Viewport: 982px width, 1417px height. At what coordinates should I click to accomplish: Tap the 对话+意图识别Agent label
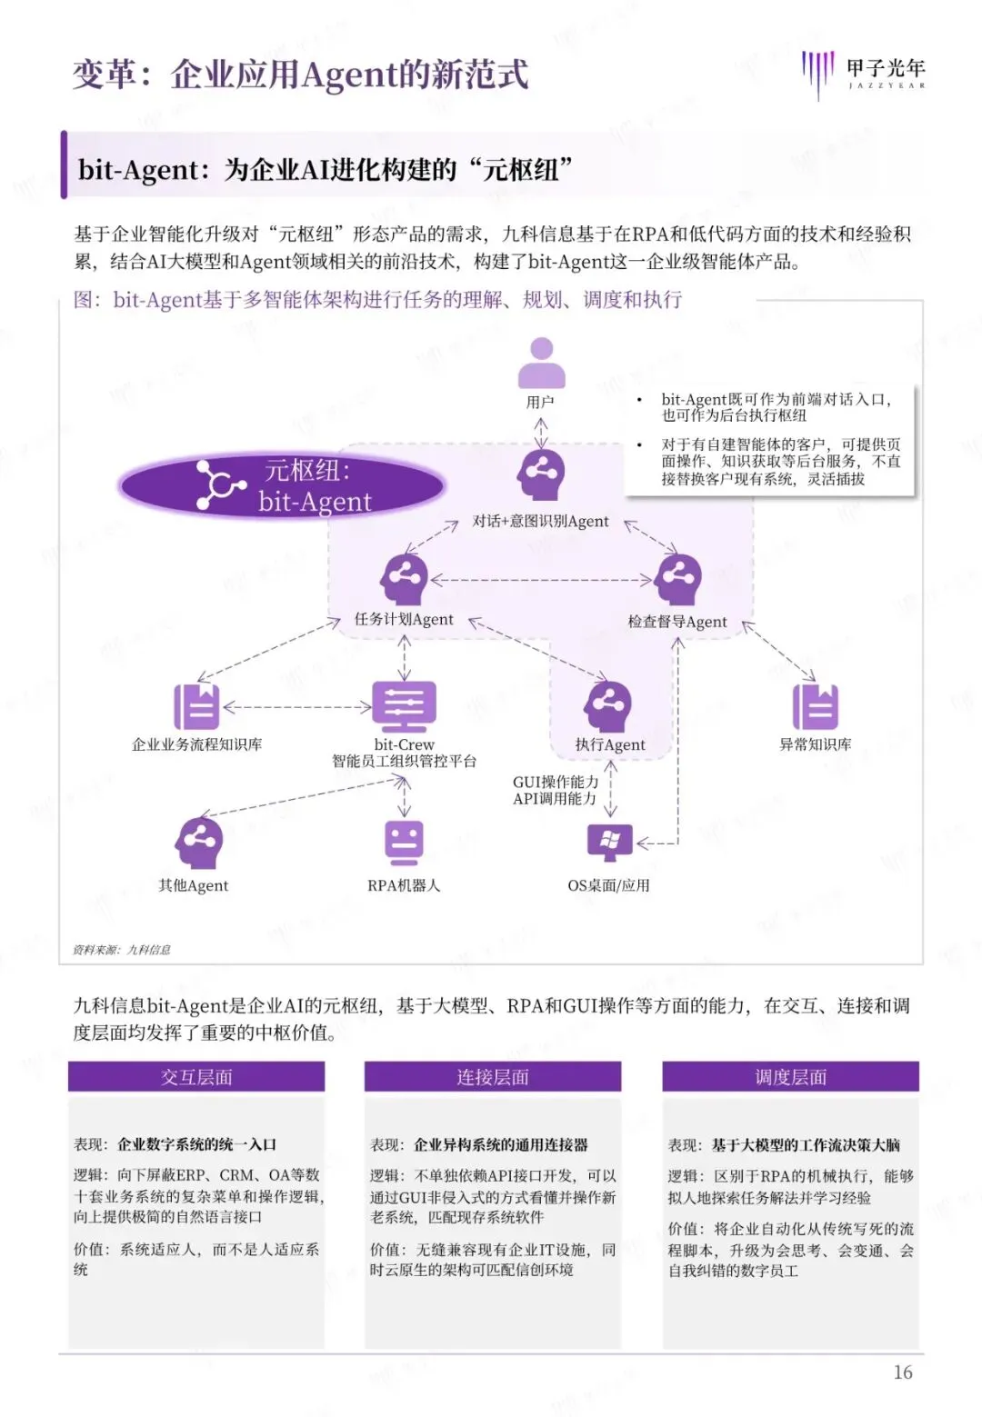click(540, 521)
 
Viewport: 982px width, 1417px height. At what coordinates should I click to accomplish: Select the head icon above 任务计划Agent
click(404, 579)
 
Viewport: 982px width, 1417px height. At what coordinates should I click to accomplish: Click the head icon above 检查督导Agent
click(678, 579)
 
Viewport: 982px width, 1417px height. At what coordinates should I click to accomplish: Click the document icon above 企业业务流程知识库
click(196, 706)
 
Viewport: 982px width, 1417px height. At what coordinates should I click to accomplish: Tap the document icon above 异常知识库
click(815, 706)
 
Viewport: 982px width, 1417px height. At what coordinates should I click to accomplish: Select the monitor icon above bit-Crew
click(405, 706)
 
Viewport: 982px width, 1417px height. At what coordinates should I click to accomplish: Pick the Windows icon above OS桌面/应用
click(609, 843)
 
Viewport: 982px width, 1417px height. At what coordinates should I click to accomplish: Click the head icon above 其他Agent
click(198, 843)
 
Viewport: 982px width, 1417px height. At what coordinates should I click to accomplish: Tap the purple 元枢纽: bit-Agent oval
click(282, 485)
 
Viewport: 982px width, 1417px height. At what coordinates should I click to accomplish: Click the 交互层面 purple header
click(196, 1077)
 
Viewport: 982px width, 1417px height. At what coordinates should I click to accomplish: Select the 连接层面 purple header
click(493, 1077)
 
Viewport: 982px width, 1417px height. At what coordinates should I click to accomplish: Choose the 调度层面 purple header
click(790, 1077)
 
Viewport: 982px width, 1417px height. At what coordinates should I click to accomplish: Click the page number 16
click(902, 1372)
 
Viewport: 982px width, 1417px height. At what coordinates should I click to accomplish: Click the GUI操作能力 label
click(556, 782)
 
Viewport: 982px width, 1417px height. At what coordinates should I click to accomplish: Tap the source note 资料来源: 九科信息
click(122, 950)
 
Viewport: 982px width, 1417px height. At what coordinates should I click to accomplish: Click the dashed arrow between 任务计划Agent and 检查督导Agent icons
click(542, 580)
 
